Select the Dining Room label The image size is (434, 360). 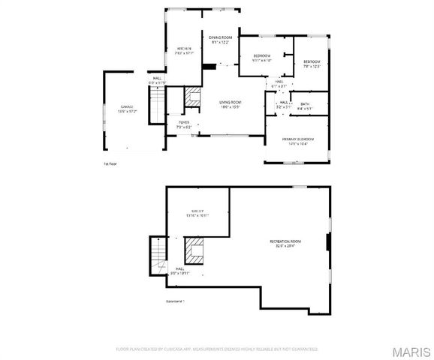tap(220, 40)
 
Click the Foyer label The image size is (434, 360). tap(183, 124)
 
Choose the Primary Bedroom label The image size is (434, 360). tap(297, 141)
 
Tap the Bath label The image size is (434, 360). tap(305, 106)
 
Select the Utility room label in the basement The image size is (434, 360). tap(197, 214)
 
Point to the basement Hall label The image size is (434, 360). tap(181, 271)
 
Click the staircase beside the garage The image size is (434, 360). tap(157, 103)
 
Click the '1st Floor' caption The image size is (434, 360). tap(110, 163)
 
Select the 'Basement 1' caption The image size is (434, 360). tap(175, 302)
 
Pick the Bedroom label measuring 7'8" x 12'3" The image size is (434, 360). tap(312, 64)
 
